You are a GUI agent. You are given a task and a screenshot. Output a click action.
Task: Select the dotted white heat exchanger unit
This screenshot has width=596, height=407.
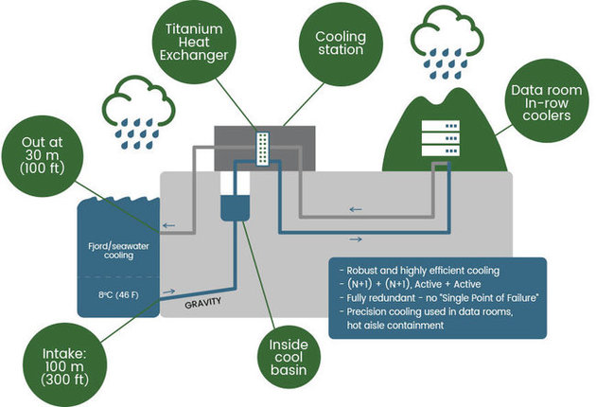click(x=262, y=150)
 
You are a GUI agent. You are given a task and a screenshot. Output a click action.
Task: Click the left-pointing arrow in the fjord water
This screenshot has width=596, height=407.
click(x=167, y=225)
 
